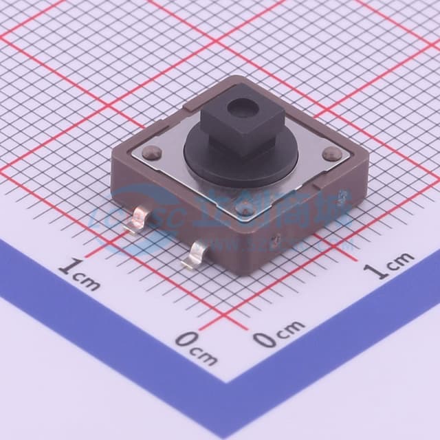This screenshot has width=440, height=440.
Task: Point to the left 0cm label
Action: coord(196,346)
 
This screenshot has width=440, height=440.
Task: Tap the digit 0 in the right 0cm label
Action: coord(263,338)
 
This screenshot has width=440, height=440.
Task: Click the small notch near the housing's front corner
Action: coord(275,241)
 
